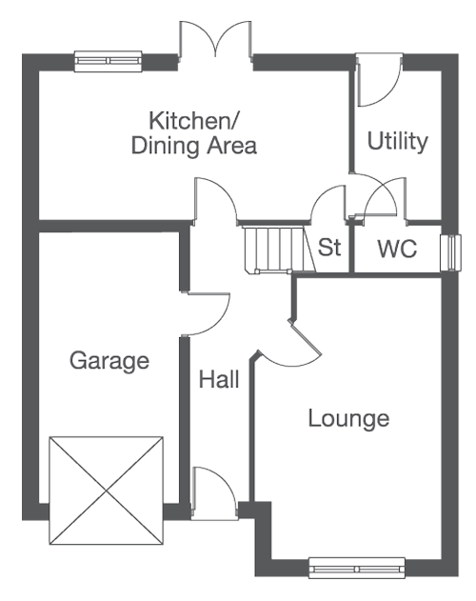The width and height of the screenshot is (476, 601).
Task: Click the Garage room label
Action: pos(109,361)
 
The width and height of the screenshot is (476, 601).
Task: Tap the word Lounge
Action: pos(348,418)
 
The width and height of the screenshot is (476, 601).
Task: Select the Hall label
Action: pos(219,379)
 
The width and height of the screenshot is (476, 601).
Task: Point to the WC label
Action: pos(397,249)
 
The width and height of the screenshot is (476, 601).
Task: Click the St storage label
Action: pos(329,248)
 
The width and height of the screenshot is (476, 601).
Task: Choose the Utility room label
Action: pos(397,141)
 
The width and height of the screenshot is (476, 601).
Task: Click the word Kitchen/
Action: pos(193,120)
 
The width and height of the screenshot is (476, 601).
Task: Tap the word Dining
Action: pos(166,146)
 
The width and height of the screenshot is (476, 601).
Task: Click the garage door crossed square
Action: pos(107,491)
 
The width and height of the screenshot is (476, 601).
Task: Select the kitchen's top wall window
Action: pos(109,61)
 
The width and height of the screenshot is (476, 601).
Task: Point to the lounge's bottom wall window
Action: pos(357,568)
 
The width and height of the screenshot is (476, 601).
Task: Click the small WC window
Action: pos(450,252)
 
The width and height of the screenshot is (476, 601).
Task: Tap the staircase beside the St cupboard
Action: pos(280,250)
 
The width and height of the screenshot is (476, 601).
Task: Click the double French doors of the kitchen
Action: pos(216,40)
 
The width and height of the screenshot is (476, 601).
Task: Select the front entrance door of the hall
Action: pos(214,493)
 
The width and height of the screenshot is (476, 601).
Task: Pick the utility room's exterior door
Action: pos(380,80)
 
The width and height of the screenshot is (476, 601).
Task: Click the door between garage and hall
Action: pos(206,314)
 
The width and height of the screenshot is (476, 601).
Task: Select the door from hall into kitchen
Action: pos(216,200)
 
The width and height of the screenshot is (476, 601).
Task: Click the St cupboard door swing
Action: pos(328,204)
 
